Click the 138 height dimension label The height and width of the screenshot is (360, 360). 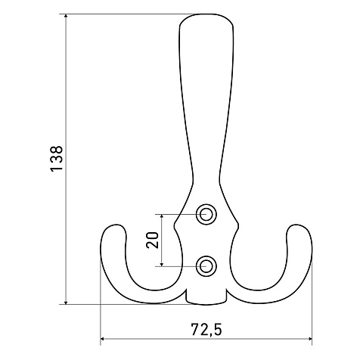[x=57, y=159]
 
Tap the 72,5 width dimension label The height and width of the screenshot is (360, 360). [x=206, y=329]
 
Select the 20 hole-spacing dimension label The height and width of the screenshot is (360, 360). [x=153, y=240]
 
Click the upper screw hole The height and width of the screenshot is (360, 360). [x=206, y=214]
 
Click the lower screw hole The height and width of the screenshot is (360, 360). [x=206, y=266]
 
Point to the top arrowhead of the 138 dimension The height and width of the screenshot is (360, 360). [x=66, y=16]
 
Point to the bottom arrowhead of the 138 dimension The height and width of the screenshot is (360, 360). [x=66, y=302]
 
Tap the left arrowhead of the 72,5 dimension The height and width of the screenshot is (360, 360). [x=103, y=339]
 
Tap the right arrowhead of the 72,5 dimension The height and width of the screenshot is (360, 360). [x=309, y=339]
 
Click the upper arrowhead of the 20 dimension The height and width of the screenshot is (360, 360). [x=162, y=216]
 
